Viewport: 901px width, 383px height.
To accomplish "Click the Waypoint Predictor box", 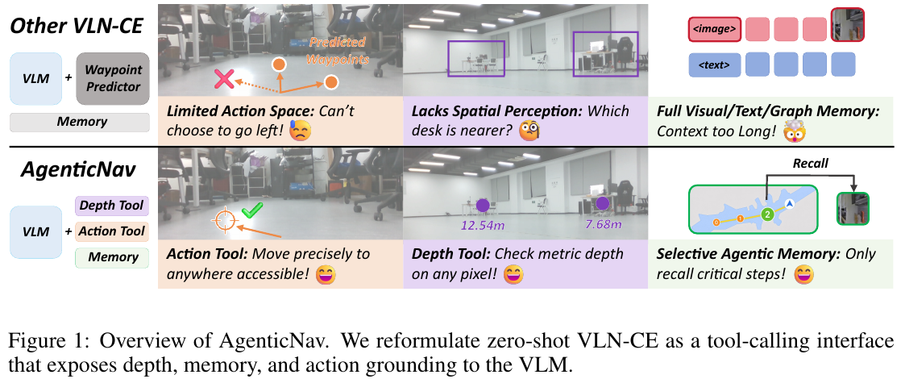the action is coord(113,78).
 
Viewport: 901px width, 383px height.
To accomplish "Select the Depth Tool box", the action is coord(111,206).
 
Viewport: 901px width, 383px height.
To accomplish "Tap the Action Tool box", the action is coord(112,231).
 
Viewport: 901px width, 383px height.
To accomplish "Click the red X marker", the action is coord(224,79).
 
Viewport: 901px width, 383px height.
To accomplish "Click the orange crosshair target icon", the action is coord(223,220).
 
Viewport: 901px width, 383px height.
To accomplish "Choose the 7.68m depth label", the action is coord(603,223).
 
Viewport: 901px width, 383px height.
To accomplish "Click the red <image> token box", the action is coord(714,29).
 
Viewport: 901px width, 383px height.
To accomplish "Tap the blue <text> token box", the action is coord(714,65).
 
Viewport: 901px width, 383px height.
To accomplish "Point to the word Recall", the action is coord(810,164).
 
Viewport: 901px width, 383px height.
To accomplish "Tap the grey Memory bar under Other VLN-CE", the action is coord(80,122).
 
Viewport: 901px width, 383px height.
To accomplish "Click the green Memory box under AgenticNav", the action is coord(112,258).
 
